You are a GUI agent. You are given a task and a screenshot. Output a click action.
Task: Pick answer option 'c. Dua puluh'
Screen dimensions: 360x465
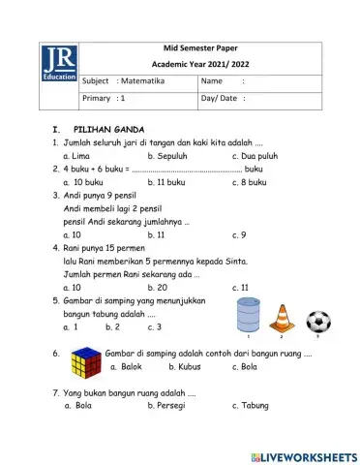257,155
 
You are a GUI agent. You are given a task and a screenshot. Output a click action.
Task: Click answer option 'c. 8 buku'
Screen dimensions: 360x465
253,181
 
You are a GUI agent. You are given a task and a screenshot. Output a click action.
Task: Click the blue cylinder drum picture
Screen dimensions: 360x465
250,315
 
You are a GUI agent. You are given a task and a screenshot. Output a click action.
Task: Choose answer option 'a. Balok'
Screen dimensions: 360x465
128,367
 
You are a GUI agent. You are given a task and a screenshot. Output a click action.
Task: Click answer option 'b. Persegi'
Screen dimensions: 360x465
166,406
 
